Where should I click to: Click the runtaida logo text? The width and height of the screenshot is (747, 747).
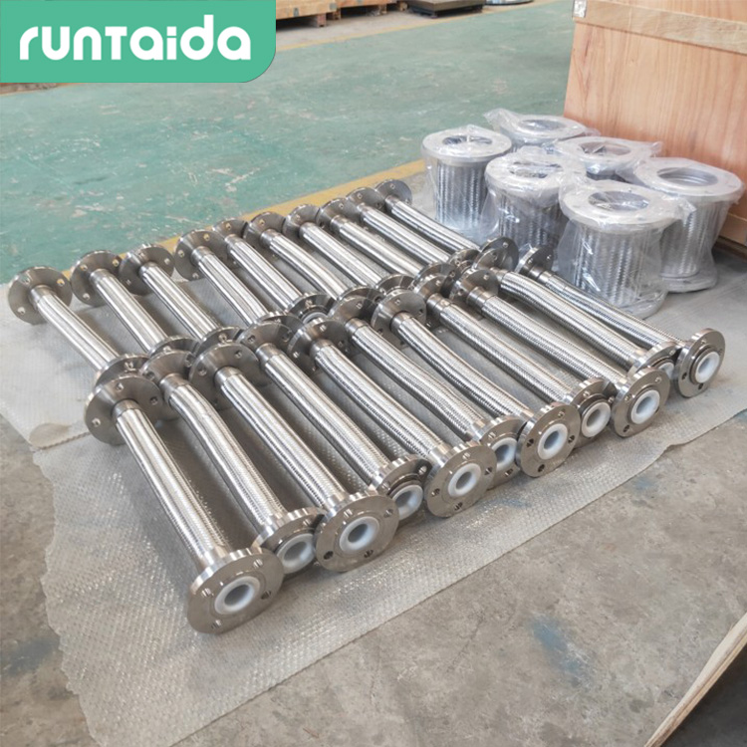click(x=135, y=38)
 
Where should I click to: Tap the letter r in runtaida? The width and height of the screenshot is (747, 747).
click(x=30, y=45)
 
